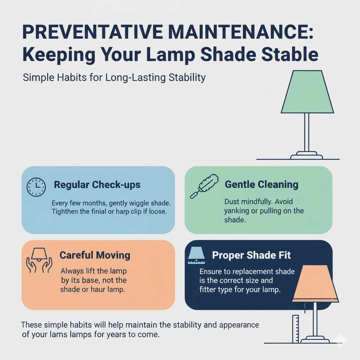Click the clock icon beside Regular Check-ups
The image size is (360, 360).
36,187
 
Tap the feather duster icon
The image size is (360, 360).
204,185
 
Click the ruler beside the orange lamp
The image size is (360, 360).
295,329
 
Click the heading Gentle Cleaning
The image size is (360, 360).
261,184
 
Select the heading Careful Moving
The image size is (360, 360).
95,255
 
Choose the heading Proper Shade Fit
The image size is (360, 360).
251,255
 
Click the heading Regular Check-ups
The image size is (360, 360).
97,185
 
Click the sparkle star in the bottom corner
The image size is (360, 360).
340,340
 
